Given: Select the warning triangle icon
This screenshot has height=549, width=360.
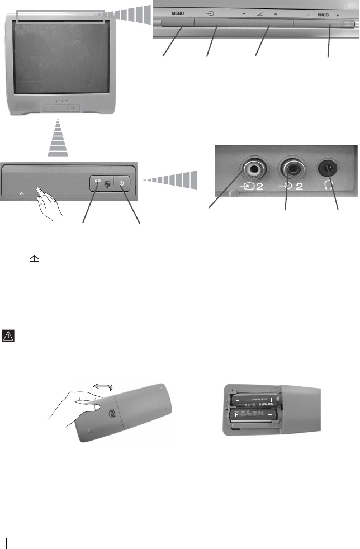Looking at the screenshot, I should coord(9,336).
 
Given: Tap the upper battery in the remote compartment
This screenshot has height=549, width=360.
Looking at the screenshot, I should coord(254,400).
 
